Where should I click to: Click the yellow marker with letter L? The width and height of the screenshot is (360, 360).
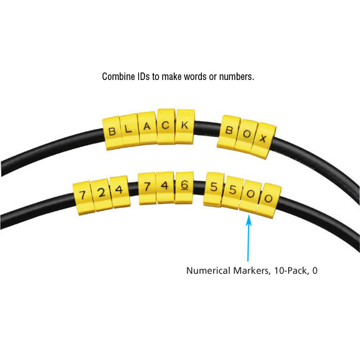click(130, 130)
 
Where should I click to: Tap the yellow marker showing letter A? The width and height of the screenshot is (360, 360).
click(147, 128)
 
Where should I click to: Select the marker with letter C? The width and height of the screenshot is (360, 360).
click(166, 126)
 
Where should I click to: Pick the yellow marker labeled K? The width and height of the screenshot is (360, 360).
click(185, 126)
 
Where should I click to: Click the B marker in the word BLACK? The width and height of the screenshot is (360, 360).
click(112, 133)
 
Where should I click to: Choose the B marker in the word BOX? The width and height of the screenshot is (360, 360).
click(229, 132)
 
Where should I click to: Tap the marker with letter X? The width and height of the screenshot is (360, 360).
click(263, 141)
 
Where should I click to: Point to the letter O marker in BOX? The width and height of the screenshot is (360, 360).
click(246, 136)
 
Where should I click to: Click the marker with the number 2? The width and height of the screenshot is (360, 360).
click(101, 195)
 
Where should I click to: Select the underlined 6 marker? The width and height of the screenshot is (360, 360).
click(184, 187)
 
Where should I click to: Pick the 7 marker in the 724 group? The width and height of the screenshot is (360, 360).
click(83, 198)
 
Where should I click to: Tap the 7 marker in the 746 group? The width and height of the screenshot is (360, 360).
click(147, 188)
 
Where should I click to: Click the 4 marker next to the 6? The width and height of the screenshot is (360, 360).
click(165, 187)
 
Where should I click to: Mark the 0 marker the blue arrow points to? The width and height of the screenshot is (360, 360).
click(250, 196)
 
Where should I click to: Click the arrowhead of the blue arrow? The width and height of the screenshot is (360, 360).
click(249, 220)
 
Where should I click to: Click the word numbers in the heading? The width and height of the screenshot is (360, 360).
click(236, 76)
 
